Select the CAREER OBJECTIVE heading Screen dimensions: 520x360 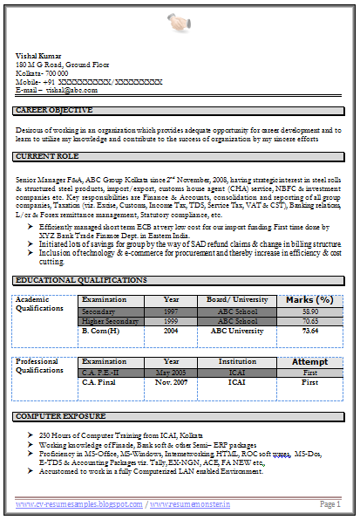pyautogui.click(x=54, y=110)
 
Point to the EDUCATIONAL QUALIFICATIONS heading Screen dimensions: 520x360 pyautogui.click(x=81, y=280)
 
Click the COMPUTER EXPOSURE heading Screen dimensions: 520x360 pyautogui.click(x=56, y=416)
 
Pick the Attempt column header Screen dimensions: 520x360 pyautogui.click(x=309, y=361)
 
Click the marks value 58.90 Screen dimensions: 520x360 pyautogui.click(x=309, y=311)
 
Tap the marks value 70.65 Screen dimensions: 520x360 pyautogui.click(x=309, y=321)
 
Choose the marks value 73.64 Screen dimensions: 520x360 pyautogui.click(x=309, y=332)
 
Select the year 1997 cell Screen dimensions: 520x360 pyautogui.click(x=171, y=311)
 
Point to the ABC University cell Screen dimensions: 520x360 pyautogui.click(x=237, y=332)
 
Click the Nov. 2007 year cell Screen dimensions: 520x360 pyautogui.click(x=171, y=382)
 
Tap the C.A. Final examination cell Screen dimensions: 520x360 pyautogui.click(x=101, y=382)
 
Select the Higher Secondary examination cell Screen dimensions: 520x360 pyautogui.click(x=110, y=321)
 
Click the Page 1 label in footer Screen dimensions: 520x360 pyautogui.click(x=329, y=504)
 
